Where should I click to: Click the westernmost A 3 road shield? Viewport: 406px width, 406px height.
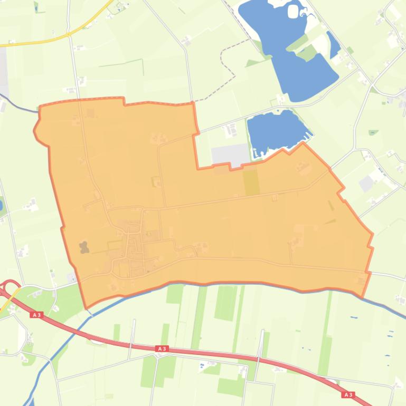click(36, 315)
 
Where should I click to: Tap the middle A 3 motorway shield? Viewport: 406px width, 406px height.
click(162, 349)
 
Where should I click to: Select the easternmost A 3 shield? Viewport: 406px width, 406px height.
click(347, 394)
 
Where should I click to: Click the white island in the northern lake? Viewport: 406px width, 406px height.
click(293, 11)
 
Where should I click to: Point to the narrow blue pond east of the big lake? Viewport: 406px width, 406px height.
click(334, 44)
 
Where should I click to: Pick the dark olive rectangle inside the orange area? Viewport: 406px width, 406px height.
click(251, 181)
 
